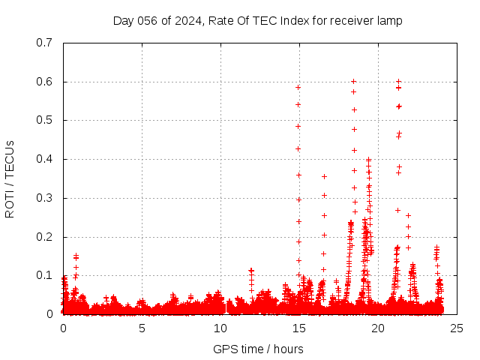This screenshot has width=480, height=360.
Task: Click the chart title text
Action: (x=257, y=21)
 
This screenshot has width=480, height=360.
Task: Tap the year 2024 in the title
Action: (x=184, y=21)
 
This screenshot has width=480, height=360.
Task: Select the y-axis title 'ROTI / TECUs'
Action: (x=10, y=178)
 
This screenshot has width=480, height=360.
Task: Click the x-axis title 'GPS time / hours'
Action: (x=258, y=349)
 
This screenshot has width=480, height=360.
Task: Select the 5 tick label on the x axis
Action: (x=142, y=328)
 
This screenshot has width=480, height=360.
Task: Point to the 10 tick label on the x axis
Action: (x=220, y=328)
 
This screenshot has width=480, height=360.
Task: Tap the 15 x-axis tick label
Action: (x=298, y=328)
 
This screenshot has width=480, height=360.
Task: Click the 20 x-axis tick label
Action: (x=376, y=328)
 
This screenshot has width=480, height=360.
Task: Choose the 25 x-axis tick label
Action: (x=455, y=328)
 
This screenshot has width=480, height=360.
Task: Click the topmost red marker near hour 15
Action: (x=298, y=87)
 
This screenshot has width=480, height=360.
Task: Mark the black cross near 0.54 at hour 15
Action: (x=298, y=104)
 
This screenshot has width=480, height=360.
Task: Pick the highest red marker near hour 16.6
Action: (x=324, y=177)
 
